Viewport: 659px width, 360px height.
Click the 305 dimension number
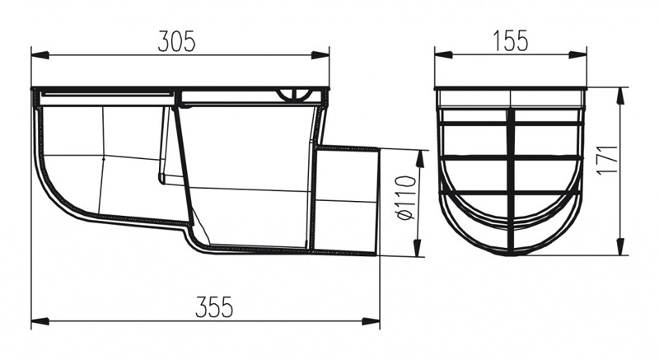click(x=176, y=41)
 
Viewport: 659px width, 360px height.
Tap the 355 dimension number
click(x=214, y=307)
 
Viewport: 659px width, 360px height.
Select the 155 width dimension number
click(x=510, y=41)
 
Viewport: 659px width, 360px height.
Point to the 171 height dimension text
click(x=608, y=160)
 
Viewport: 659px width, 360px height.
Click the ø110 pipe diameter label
click(x=405, y=199)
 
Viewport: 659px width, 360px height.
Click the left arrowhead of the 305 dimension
click(x=40, y=55)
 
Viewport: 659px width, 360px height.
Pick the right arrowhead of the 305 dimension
click(x=320, y=55)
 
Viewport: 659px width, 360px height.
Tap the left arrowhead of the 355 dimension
click(x=40, y=321)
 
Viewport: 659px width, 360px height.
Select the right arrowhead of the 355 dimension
click(x=371, y=321)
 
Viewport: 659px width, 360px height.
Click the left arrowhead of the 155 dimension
click(x=443, y=54)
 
